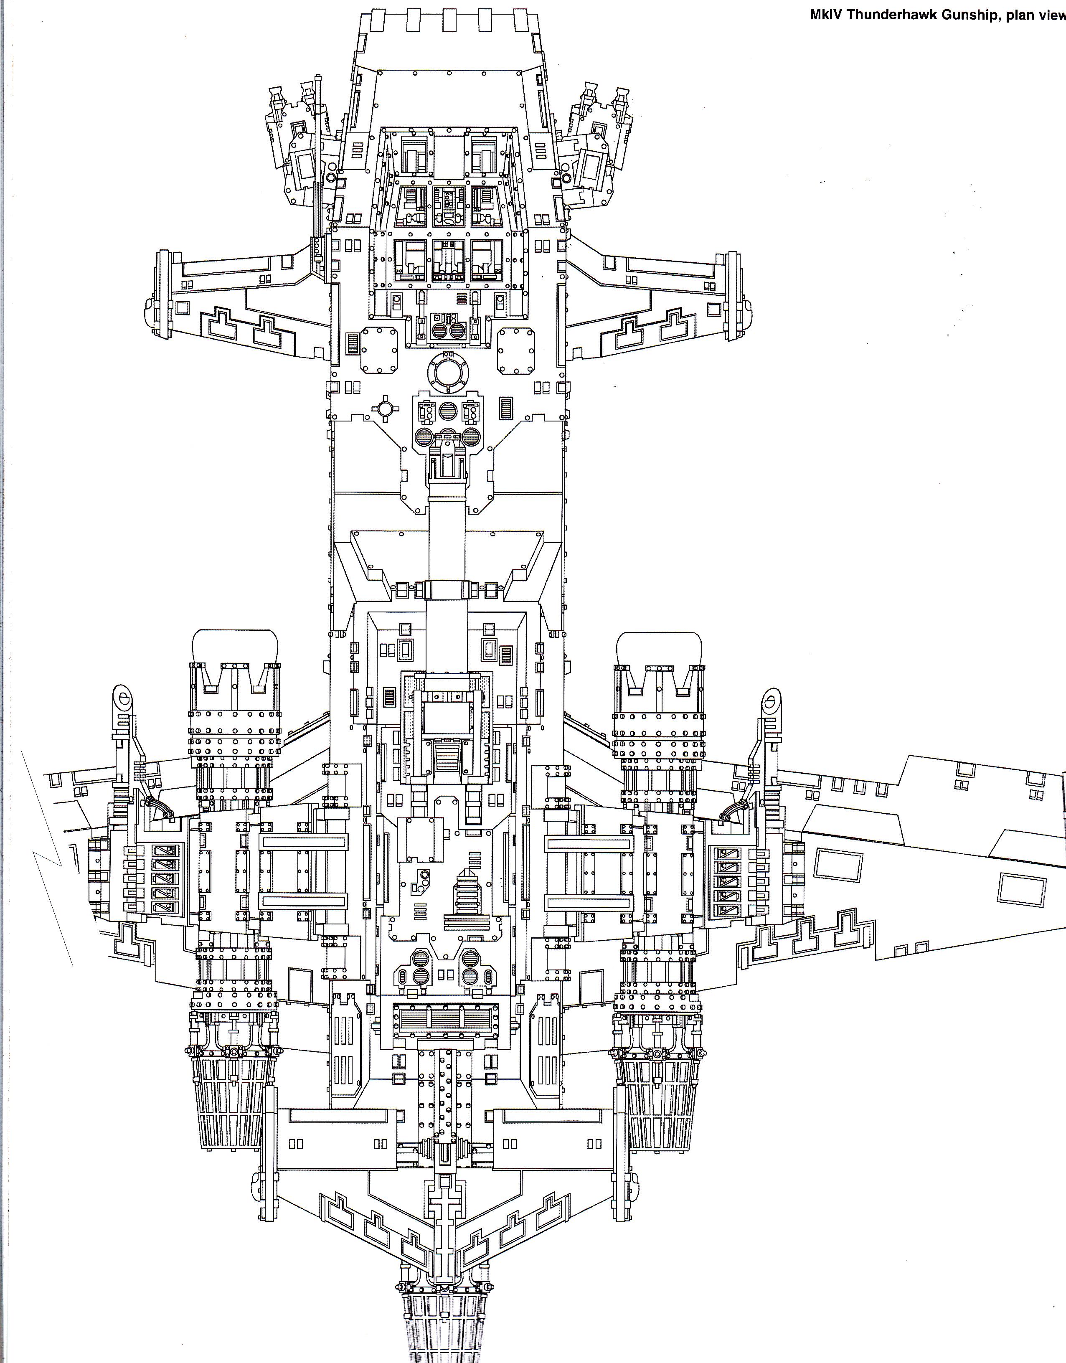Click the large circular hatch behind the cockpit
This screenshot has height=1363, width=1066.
(447, 373)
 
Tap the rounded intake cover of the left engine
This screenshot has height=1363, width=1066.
(235, 647)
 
